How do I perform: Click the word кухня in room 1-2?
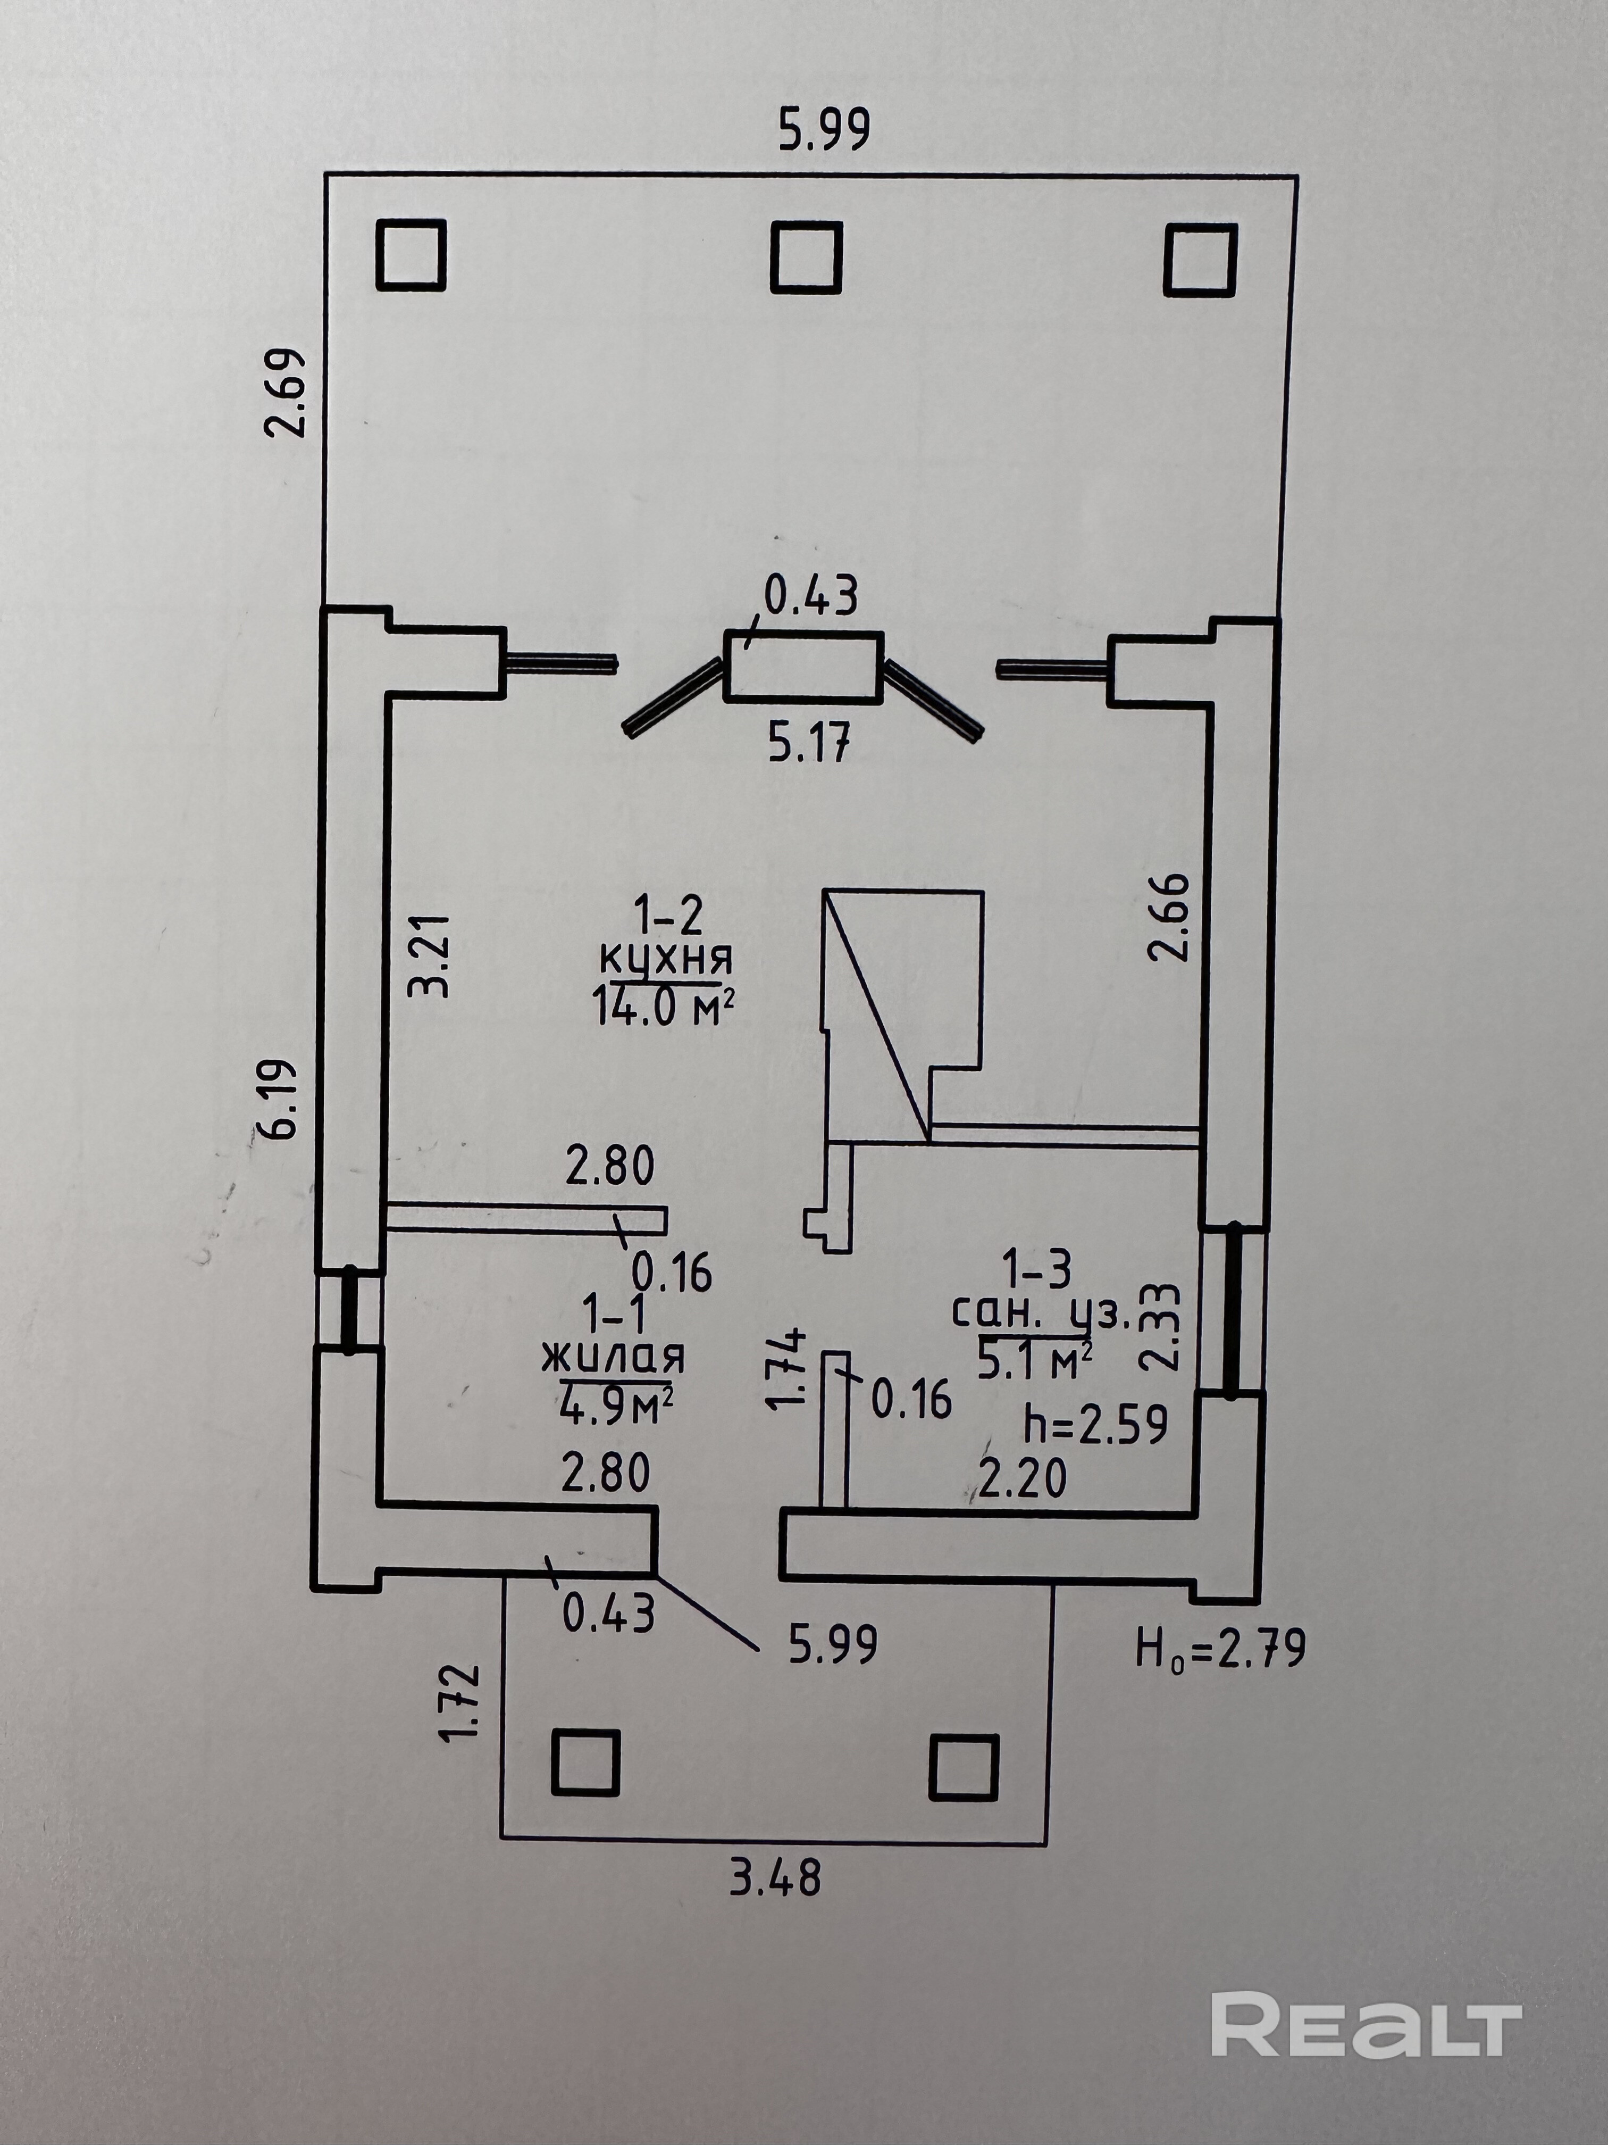pyautogui.click(x=666, y=959)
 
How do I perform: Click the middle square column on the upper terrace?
pyautogui.click(x=806, y=257)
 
